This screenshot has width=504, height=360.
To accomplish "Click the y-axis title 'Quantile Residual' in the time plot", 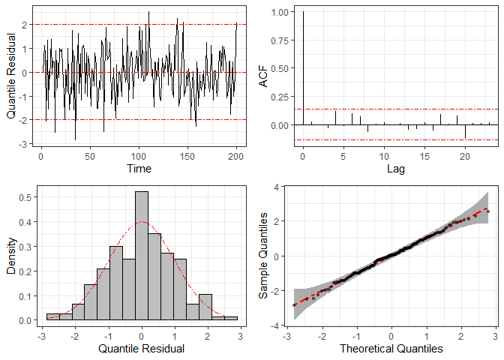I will [x=11, y=73].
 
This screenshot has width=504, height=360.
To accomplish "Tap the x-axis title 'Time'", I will [x=139, y=169].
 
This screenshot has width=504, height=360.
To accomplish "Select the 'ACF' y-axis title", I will [x=263, y=73].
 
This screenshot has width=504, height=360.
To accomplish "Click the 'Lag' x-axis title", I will [x=395, y=169].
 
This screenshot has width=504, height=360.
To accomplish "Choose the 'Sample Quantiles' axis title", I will [x=263, y=256].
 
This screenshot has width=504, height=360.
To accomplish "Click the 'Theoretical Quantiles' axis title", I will [x=391, y=349].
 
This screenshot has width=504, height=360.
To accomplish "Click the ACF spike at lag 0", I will [x=302, y=67].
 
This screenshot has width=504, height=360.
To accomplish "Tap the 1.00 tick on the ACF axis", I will [x=280, y=12].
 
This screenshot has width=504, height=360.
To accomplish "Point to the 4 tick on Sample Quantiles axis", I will [x=276, y=186].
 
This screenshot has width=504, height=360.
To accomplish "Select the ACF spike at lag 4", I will [x=335, y=118].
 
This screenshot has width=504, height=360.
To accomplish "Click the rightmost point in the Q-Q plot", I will [x=487, y=211].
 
